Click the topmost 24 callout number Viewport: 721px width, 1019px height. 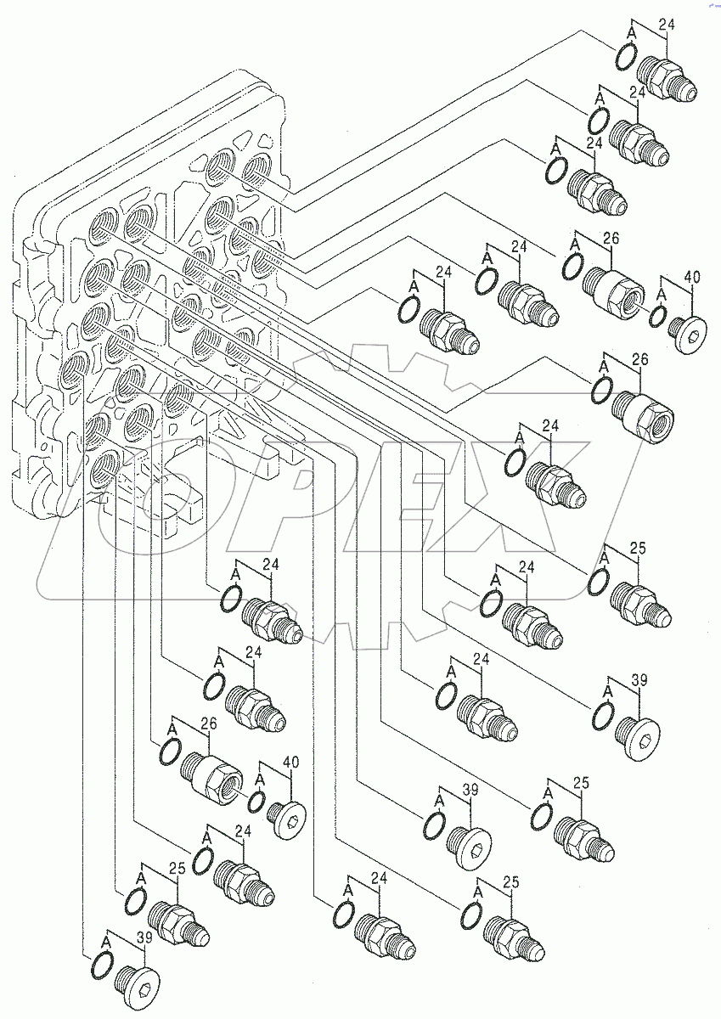click(x=666, y=26)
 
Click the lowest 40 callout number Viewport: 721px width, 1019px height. click(x=290, y=763)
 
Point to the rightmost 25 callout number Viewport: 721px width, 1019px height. click(x=638, y=549)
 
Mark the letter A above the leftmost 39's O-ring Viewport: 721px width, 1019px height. click(x=106, y=940)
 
